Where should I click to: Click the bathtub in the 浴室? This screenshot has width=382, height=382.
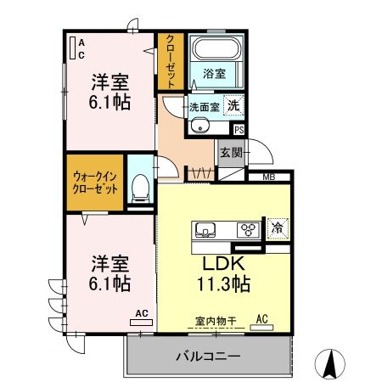point(216,48)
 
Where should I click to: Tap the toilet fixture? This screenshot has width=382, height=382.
point(141,188)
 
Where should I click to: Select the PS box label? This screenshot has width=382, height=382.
point(239,130)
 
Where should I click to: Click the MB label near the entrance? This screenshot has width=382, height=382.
point(269,177)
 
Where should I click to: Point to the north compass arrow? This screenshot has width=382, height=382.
point(330,363)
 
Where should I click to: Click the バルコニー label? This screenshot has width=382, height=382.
point(208,356)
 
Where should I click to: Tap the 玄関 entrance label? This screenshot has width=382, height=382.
point(232,153)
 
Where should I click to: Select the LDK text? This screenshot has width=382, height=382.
point(223,263)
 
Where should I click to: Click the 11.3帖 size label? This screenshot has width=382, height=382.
point(223,284)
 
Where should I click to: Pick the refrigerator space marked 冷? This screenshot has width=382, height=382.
point(278,228)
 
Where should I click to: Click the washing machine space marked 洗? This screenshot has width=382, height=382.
point(233,105)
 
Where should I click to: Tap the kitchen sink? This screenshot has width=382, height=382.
point(205,229)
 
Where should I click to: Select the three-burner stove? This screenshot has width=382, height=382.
point(249,229)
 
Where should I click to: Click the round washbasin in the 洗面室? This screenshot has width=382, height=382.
point(200,126)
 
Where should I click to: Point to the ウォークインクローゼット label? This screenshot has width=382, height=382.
point(95,183)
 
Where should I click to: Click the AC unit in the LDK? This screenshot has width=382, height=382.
point(261,328)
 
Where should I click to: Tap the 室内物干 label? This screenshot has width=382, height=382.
point(216,321)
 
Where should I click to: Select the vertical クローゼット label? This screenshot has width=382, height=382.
point(171,61)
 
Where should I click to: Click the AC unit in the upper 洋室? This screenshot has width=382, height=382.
point(73,48)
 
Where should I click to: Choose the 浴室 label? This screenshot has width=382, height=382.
point(215,74)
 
